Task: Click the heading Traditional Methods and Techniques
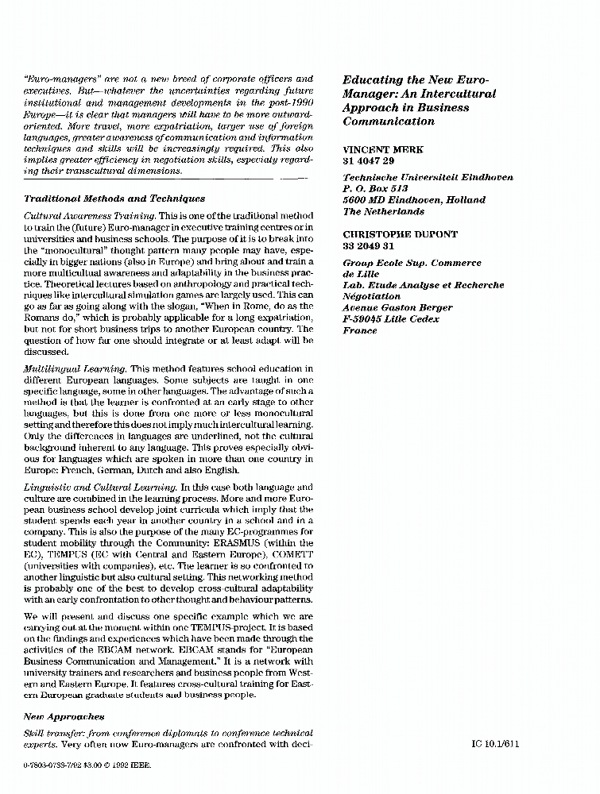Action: pos(114,199)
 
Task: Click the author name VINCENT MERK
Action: pos(382,149)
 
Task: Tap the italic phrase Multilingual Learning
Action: pos(75,368)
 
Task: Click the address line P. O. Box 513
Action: pos(374,189)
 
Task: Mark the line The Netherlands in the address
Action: pos(383,212)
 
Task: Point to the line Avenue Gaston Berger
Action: pos(397,307)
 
